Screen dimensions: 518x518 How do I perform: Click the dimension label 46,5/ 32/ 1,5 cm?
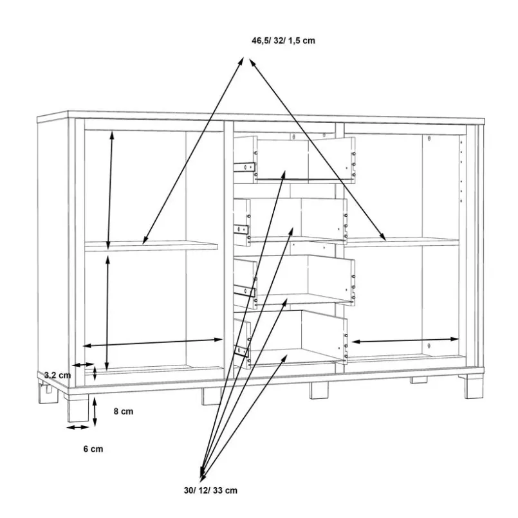[283, 41]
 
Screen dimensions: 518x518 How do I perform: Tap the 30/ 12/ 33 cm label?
[210, 490]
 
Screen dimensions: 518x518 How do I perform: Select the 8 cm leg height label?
[123, 411]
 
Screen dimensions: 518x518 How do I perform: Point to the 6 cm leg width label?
[93, 449]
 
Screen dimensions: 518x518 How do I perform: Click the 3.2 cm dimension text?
[57, 375]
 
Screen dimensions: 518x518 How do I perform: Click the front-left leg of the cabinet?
[79, 407]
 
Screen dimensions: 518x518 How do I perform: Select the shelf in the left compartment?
[151, 246]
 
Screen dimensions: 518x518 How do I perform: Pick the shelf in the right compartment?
[402, 242]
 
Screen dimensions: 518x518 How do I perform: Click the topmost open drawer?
[294, 160]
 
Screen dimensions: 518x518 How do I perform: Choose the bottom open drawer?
[290, 339]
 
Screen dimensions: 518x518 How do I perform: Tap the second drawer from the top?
[290, 221]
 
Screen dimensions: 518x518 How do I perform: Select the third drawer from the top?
[294, 282]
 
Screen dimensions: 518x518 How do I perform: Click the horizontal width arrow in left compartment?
[153, 342]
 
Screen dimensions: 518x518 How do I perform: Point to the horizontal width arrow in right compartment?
[405, 340]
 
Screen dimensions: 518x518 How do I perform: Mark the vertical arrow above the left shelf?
[110, 190]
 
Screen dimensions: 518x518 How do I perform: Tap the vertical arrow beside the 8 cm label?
[95, 412]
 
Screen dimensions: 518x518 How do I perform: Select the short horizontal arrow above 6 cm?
[78, 427]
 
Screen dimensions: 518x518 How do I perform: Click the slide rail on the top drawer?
[245, 167]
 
